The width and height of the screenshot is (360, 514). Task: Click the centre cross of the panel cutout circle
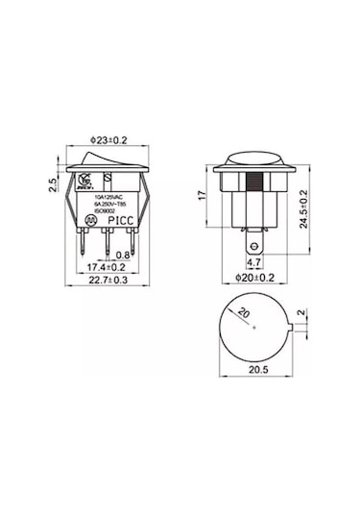pyautogui.click(x=254, y=328)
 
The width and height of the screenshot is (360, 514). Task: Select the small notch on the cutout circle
pyautogui.click(x=291, y=328)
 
